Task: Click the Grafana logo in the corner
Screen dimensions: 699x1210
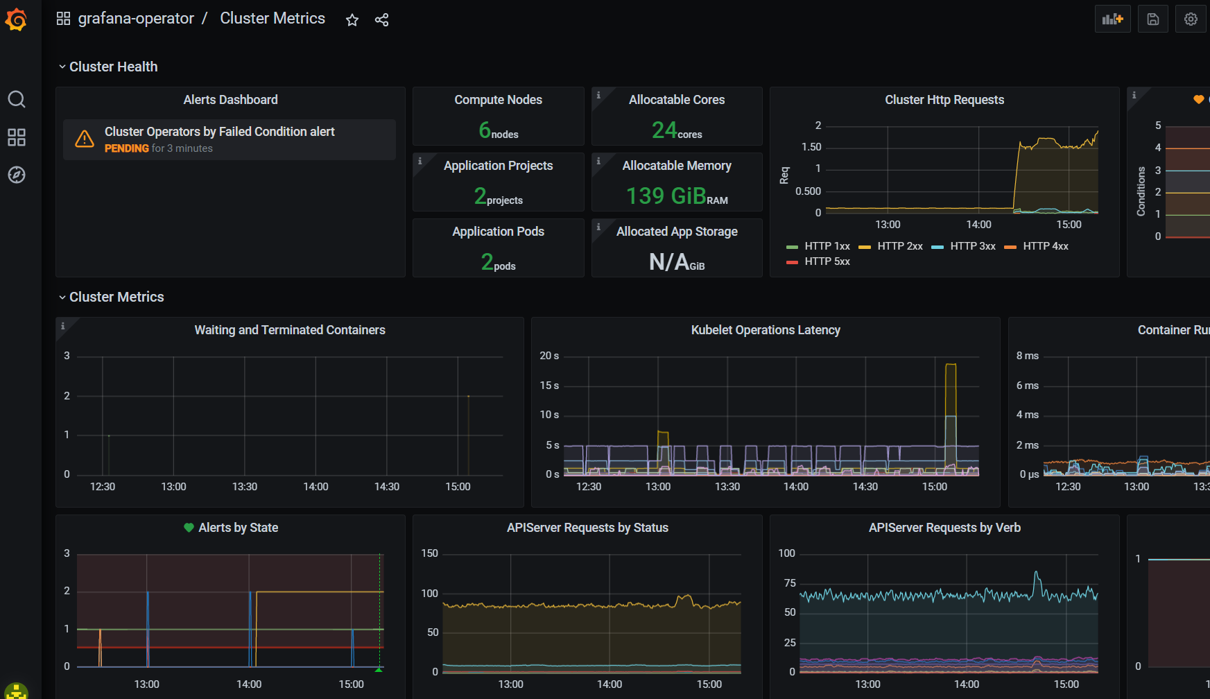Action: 16,19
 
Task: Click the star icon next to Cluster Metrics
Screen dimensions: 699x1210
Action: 352,20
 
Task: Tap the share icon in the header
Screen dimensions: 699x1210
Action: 381,20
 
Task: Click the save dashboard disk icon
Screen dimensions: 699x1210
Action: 1152,19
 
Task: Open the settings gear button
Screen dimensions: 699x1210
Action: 1191,19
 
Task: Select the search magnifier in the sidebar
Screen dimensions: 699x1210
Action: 17,99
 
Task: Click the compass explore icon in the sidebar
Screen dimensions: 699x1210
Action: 17,175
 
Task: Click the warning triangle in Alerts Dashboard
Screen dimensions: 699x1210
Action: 85,139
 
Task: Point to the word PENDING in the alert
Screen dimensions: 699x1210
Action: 127,148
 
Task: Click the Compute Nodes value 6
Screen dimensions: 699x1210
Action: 485,130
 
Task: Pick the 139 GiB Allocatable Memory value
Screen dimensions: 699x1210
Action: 666,196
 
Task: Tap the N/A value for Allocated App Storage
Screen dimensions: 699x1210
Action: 669,262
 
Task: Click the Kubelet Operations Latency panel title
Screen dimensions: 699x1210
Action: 766,330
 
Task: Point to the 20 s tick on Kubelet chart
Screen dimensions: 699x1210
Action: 549,356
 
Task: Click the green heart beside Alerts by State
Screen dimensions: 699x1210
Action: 189,528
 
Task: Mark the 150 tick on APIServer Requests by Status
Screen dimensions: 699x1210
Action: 430,553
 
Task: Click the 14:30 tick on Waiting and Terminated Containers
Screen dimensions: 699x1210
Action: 387,487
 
